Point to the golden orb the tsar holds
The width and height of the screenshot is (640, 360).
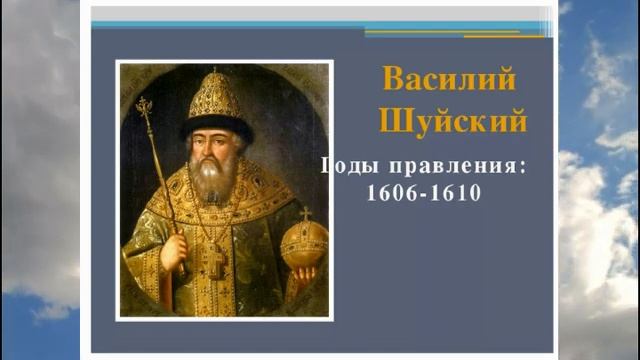[x=304, y=245]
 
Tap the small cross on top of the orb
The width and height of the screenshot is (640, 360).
[x=304, y=213]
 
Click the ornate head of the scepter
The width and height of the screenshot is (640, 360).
[x=144, y=107]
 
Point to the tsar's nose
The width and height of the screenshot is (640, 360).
[x=211, y=148]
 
